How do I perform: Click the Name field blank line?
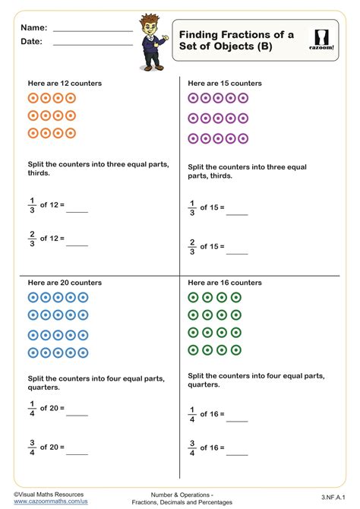point(93,30)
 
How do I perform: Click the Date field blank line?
point(93,44)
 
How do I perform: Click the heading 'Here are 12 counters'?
point(65,83)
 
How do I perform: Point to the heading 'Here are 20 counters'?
point(65,283)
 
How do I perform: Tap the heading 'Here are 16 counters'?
point(225,283)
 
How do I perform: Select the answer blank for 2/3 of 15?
point(237,253)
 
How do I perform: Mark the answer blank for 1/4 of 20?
point(77,415)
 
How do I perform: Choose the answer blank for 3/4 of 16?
point(237,454)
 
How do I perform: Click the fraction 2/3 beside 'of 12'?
point(32,239)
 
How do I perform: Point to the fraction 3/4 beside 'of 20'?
point(32,447)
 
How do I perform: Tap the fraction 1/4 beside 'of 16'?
point(192,415)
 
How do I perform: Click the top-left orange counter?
point(33,98)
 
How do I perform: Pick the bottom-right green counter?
point(236,350)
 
